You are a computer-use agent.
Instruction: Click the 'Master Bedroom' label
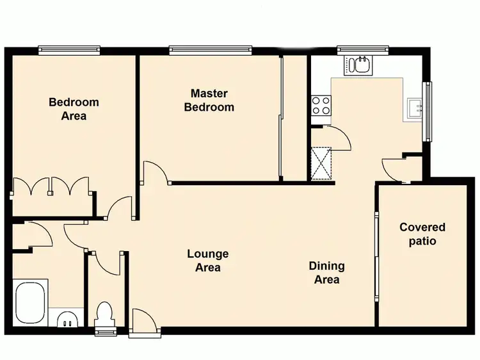point(209,101)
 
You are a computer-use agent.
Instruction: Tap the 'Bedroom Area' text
point(74,109)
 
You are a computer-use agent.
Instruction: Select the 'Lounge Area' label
point(208,261)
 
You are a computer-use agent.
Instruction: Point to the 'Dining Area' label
point(326,272)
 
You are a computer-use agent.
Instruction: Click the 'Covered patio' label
point(422,234)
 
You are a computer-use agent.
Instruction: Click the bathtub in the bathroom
point(30,302)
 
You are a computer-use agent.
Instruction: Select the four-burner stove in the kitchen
point(321,105)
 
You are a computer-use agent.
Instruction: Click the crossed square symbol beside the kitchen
point(321,161)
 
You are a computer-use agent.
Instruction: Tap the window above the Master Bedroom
point(210,49)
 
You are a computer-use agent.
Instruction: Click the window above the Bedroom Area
point(69,49)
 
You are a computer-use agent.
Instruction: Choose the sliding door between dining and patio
point(376,256)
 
